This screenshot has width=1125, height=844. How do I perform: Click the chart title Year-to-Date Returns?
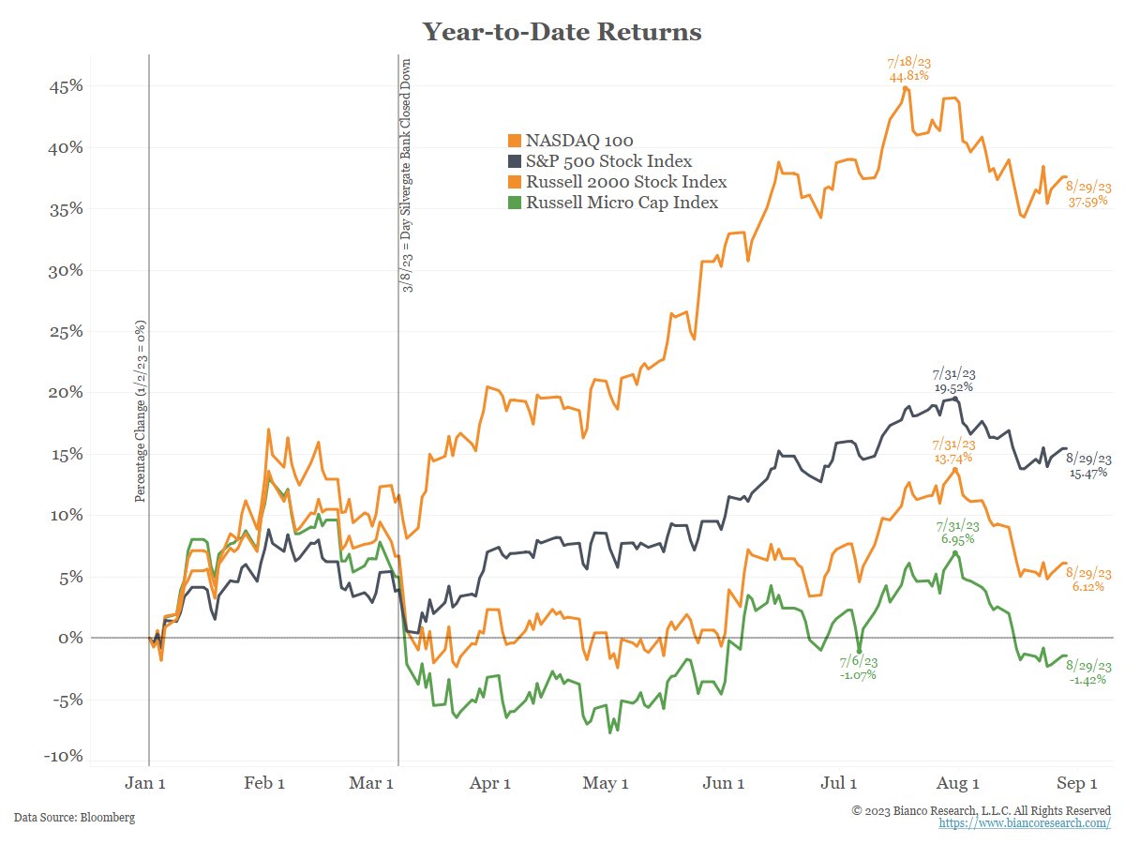562,32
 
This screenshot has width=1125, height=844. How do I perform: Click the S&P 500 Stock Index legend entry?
608,161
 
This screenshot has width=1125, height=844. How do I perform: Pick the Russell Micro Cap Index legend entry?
621,203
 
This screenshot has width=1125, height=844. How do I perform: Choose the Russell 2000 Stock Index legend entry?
625,182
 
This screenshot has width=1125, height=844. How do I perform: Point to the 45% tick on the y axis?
66,86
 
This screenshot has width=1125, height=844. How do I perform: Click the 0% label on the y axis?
71,638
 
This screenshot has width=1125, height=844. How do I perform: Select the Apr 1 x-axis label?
489,784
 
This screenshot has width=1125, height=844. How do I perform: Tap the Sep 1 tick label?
1076,784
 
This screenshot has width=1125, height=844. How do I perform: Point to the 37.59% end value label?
1087,201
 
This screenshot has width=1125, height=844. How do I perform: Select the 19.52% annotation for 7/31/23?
953,386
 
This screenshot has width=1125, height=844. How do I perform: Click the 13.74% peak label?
952,458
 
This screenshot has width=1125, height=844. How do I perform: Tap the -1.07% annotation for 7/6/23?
857,675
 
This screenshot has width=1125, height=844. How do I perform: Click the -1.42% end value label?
1088,679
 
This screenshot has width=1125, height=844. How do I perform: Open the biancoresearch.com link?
1025,822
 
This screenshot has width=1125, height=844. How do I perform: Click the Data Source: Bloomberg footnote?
74,818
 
